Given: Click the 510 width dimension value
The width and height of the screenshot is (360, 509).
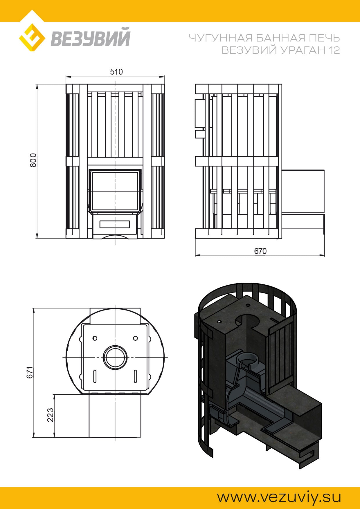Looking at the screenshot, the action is [x=116, y=72].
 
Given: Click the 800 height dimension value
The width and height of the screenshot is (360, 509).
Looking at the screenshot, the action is [x=33, y=160].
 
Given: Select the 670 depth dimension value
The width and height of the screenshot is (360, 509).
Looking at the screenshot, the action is [x=260, y=251].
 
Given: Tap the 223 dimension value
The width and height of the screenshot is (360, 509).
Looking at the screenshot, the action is [x=50, y=415].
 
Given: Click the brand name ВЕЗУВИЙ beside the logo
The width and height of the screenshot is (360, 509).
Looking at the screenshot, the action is [x=91, y=37].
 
